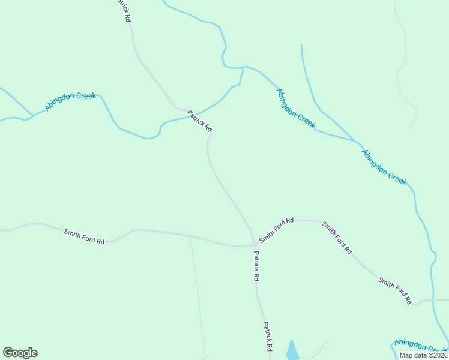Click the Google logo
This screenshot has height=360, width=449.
20,353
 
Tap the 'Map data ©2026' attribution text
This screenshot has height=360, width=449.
423,355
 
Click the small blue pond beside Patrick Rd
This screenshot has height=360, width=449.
292,350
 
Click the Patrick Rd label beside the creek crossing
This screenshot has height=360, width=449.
200,121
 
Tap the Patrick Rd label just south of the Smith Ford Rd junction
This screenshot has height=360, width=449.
256,266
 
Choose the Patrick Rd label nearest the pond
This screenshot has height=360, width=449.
268,337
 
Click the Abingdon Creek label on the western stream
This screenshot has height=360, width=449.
70,101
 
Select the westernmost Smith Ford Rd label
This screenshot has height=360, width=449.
84,236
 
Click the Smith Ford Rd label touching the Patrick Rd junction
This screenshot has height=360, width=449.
276,230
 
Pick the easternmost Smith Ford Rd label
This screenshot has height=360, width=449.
395,290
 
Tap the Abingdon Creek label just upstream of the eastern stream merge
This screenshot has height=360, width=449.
295,108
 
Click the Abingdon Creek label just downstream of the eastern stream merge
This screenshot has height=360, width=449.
384,167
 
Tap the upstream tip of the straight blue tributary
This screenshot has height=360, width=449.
301,45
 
